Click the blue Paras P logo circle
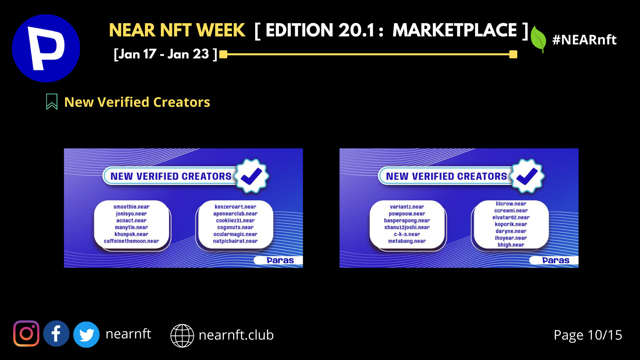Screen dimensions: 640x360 (46, 48)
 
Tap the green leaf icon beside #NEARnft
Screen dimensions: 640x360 (538, 40)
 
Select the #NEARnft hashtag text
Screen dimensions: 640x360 (584, 40)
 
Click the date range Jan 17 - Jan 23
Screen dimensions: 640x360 (166, 54)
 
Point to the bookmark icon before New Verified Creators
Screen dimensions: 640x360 (52, 102)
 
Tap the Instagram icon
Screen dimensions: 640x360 (26, 334)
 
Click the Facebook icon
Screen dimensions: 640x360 (56, 334)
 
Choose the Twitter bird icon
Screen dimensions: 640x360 (86, 334)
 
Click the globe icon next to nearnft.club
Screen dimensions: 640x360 (182, 336)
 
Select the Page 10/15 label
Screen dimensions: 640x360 (588, 335)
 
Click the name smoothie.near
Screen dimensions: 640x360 (132, 206)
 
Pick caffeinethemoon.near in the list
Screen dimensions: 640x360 (132, 241)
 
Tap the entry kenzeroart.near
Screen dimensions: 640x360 (236, 206)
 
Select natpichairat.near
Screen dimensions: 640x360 (236, 241)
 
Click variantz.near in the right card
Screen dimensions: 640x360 (407, 206)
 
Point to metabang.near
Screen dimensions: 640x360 (407, 241)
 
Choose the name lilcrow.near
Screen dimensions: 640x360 (511, 204)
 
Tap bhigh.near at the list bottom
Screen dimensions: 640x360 (511, 244)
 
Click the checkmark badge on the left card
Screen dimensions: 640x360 (252, 176)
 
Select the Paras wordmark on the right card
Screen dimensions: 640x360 (556, 260)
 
